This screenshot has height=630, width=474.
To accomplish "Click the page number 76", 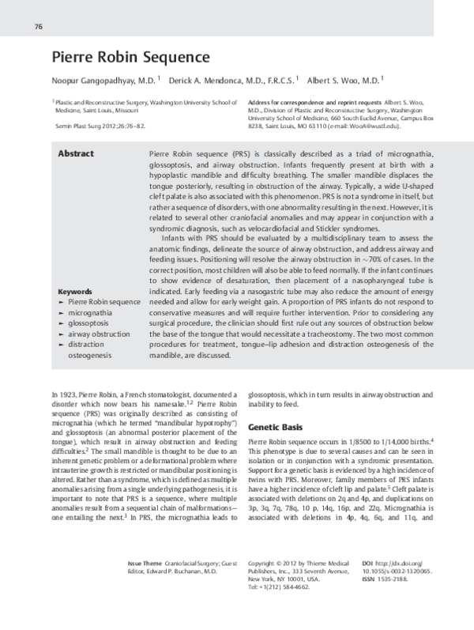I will pyautogui.click(x=38, y=27).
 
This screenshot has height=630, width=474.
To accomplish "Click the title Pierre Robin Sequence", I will pyautogui.click(x=130, y=58).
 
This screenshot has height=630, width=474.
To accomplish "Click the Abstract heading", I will pyautogui.click(x=77, y=153).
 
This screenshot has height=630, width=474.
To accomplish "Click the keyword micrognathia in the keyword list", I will pyautogui.click(x=91, y=313).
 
